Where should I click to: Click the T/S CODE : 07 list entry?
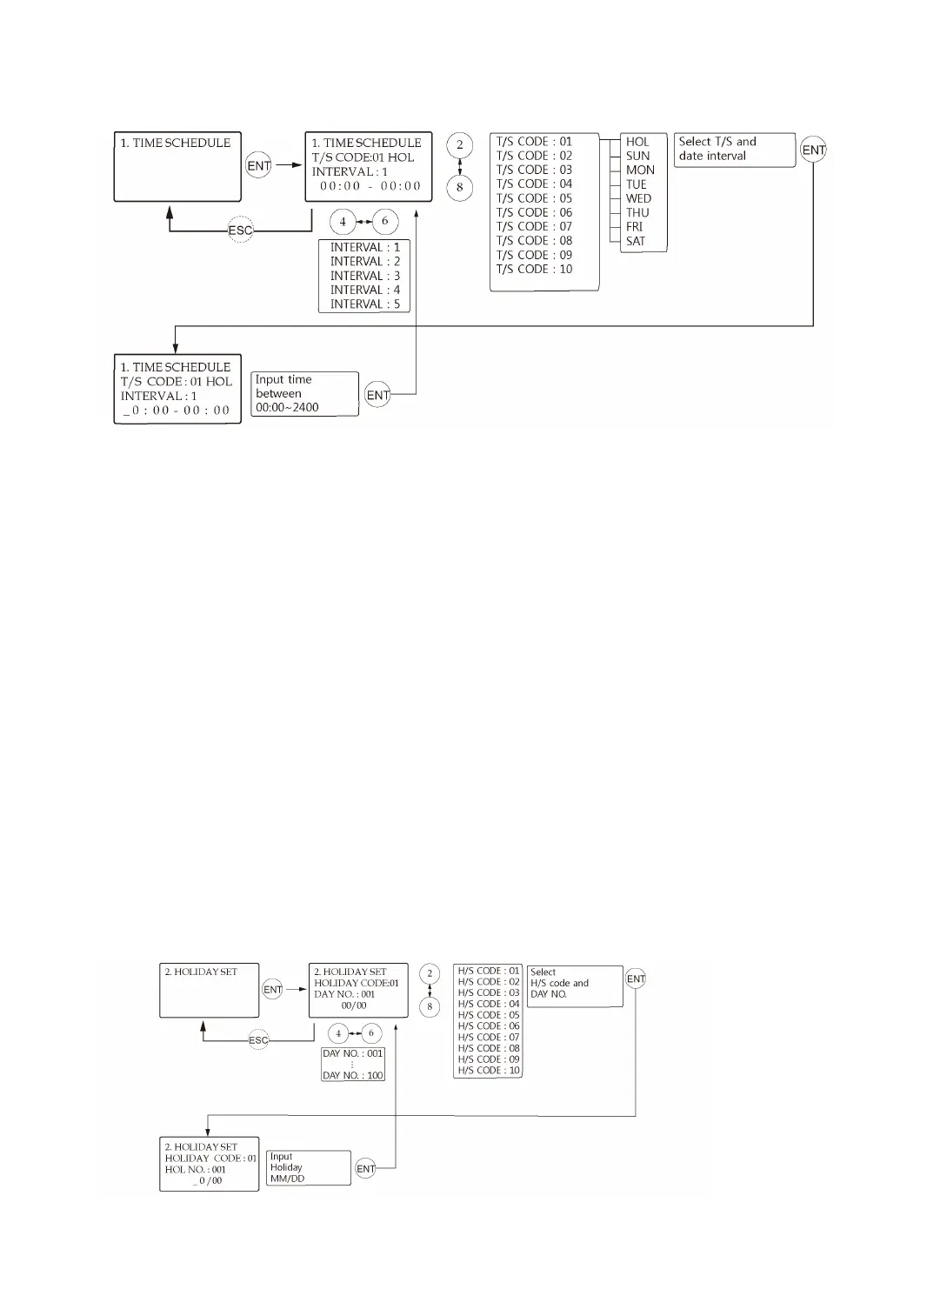click(x=534, y=227)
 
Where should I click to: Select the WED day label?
click(x=638, y=198)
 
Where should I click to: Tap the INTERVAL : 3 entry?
click(x=364, y=276)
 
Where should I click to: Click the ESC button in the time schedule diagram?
click(x=240, y=230)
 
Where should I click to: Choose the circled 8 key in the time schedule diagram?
click(x=459, y=187)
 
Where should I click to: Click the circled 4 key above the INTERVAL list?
click(x=343, y=222)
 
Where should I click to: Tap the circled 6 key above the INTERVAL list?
click(x=384, y=222)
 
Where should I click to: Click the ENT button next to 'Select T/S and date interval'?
click(x=813, y=150)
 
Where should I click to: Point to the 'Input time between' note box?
click(x=304, y=394)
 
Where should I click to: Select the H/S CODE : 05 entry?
click(x=488, y=1015)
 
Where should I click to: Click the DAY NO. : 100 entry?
click(x=352, y=1076)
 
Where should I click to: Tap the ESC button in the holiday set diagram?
click(x=258, y=1040)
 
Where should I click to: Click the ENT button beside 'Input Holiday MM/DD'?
click(x=366, y=1169)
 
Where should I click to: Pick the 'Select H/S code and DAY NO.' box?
click(x=574, y=985)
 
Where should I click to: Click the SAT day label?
click(x=636, y=242)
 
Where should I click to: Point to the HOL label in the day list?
click(x=637, y=142)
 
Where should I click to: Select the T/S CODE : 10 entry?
click(x=534, y=270)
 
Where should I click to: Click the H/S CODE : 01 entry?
click(x=488, y=971)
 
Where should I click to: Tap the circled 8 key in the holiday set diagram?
click(x=429, y=1006)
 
